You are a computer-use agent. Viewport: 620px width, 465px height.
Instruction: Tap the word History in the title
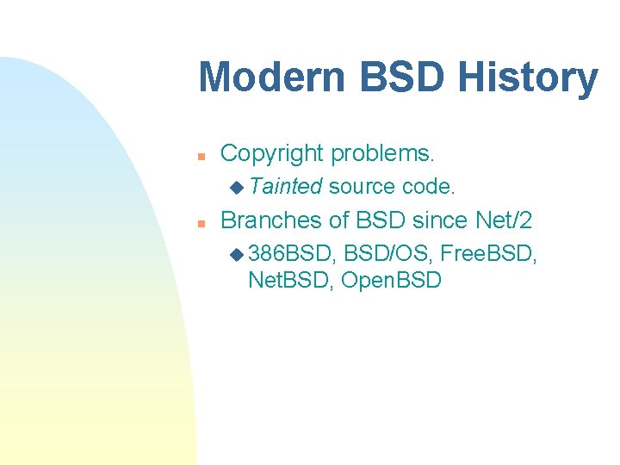tap(529, 77)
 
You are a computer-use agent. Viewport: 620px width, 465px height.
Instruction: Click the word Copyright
tap(273, 154)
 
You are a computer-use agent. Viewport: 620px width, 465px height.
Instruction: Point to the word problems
tap(383, 154)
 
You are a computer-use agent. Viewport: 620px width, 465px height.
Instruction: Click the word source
tap(362, 186)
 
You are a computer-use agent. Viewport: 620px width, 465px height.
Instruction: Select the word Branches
tap(272, 220)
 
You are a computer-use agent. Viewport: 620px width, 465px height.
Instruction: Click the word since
tap(442, 220)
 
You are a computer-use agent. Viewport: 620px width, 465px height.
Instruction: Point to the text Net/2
tap(504, 220)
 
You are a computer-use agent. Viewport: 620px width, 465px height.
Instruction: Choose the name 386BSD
tap(293, 254)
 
